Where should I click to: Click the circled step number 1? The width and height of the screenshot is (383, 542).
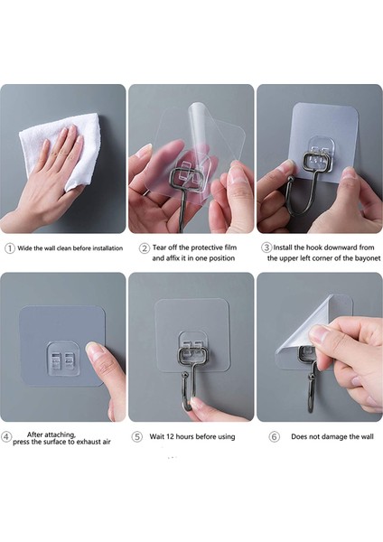point(10,248)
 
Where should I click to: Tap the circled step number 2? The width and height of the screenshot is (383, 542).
point(145,248)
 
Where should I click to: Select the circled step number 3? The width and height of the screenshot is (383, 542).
point(266,248)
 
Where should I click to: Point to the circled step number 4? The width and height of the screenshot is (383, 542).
point(6,436)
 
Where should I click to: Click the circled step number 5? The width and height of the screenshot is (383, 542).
point(137,436)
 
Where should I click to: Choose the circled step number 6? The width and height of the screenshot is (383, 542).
point(275,437)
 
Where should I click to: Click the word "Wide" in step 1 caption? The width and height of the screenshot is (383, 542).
point(25,248)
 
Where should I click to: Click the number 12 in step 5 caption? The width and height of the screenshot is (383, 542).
point(170,436)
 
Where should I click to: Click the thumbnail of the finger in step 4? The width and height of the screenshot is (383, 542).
point(93,349)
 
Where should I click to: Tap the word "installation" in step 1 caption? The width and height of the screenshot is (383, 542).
point(107,248)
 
